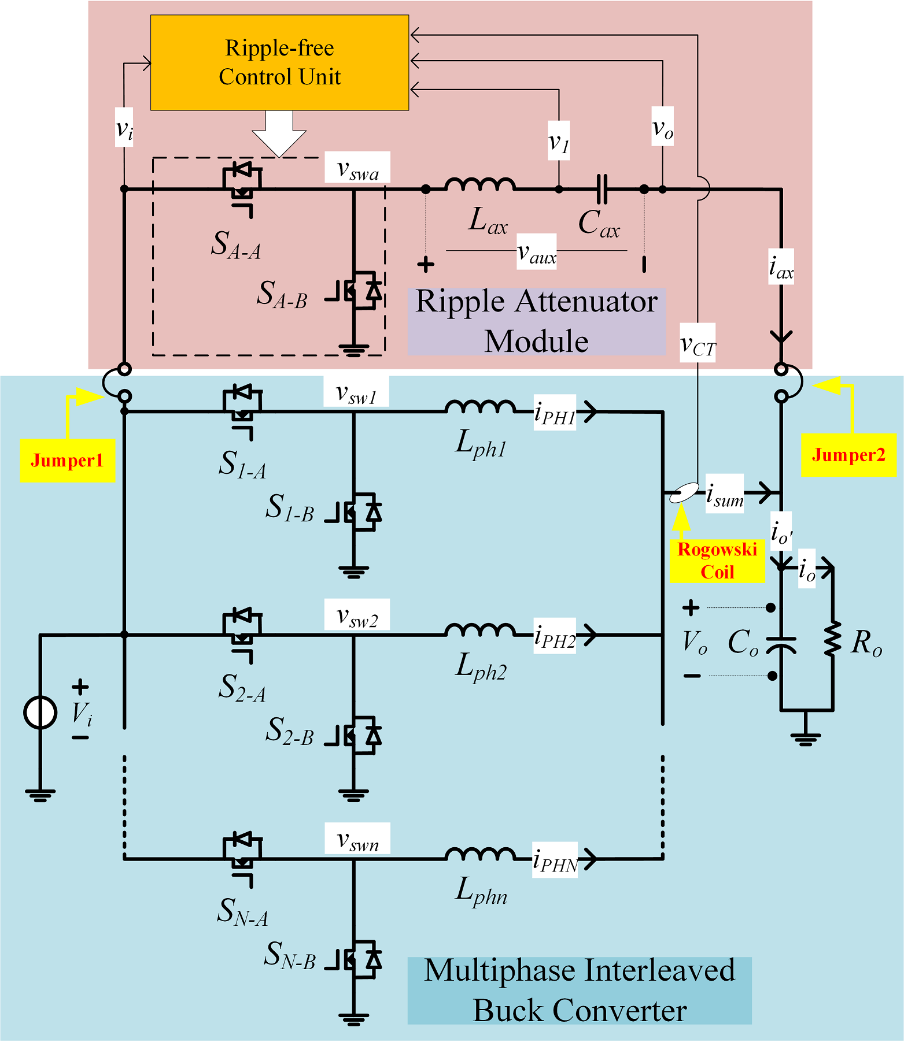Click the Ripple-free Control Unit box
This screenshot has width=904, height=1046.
(x=279, y=62)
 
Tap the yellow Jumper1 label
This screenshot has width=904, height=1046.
(x=68, y=461)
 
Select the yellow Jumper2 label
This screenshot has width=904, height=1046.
(x=848, y=455)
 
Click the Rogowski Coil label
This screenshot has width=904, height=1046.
(x=717, y=561)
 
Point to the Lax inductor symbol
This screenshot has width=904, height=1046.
(x=480, y=184)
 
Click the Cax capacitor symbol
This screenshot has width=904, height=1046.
(x=602, y=189)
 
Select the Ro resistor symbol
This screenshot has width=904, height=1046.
(x=833, y=638)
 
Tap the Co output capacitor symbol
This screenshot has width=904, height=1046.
(x=781, y=644)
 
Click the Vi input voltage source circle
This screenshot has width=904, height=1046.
(x=40, y=711)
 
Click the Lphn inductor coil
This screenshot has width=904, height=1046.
(x=480, y=854)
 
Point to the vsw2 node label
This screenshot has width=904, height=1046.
(x=357, y=615)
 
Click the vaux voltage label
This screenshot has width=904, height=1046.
(x=537, y=252)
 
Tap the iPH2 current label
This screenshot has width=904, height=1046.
(x=555, y=636)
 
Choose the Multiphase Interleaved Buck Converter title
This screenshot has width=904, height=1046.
(x=580, y=991)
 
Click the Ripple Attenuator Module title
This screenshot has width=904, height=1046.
(x=537, y=321)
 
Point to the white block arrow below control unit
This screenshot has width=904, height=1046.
(x=279, y=133)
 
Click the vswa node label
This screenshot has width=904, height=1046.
(x=357, y=168)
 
